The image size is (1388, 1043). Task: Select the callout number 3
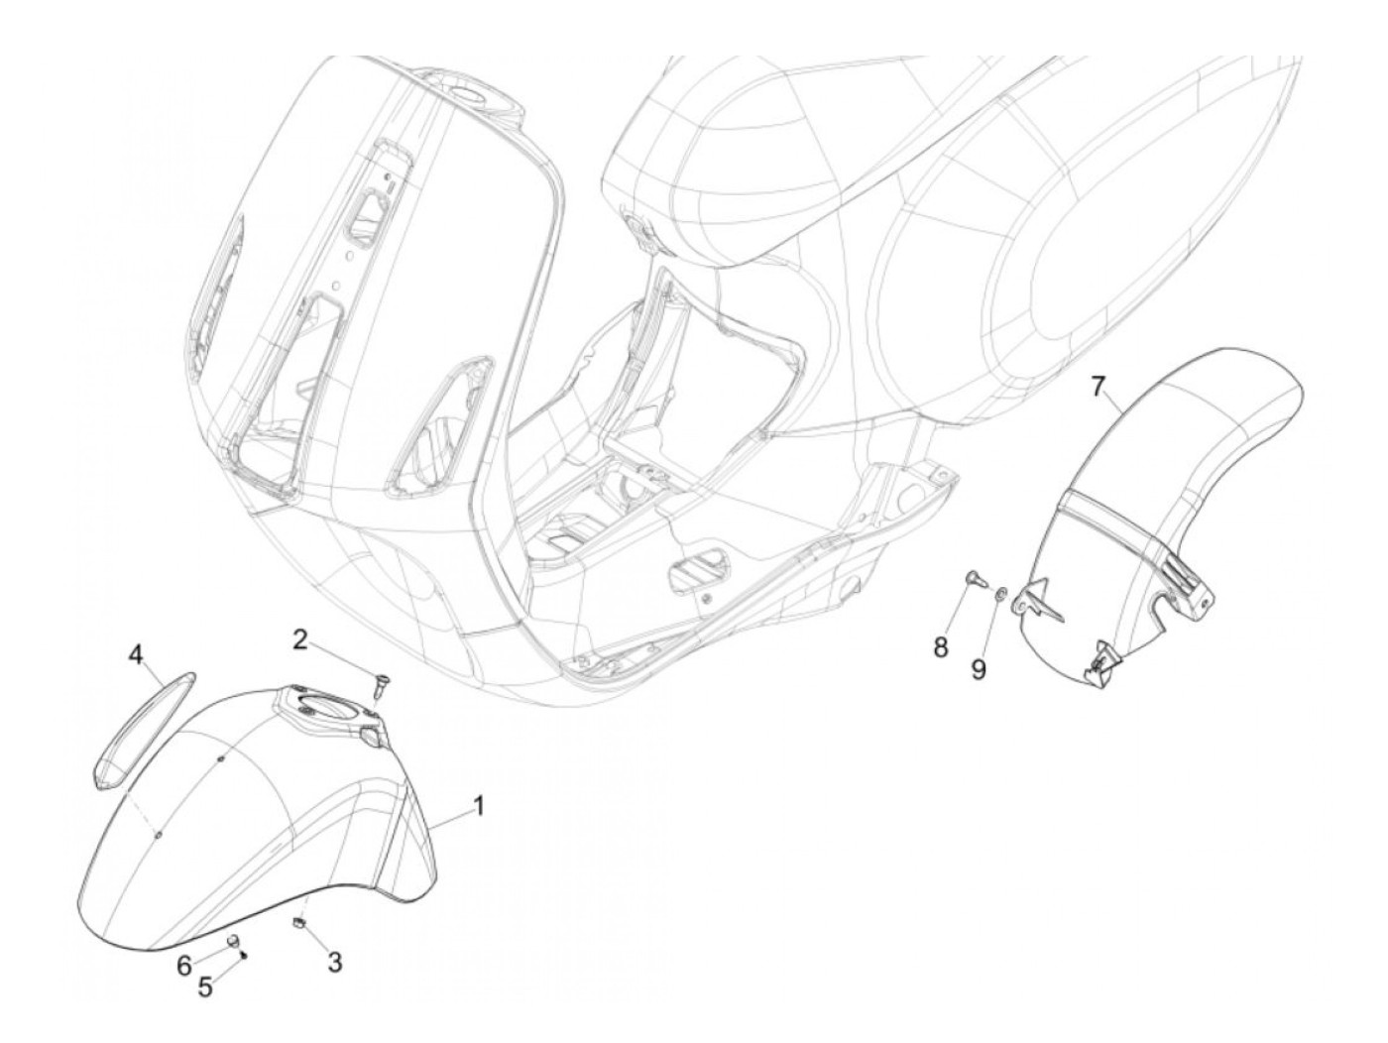[x=334, y=961]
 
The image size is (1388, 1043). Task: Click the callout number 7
[x=1098, y=386]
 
